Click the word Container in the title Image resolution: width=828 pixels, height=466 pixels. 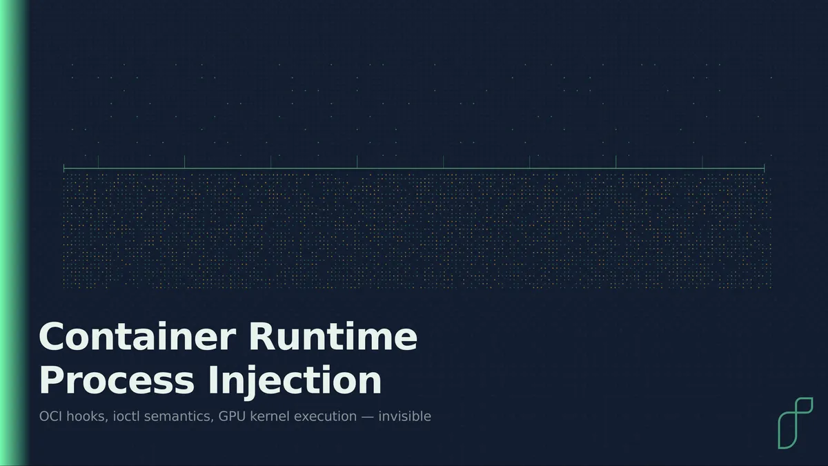pyautogui.click(x=137, y=336)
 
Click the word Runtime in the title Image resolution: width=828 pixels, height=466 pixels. pyautogui.click(x=333, y=336)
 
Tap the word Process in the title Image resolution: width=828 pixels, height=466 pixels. pyautogui.click(x=117, y=380)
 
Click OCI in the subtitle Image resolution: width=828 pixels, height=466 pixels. pyautogui.click(x=50, y=416)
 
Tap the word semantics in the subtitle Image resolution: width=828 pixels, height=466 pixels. pyautogui.click(x=179, y=417)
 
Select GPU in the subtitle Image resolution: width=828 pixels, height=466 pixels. pyautogui.click(x=232, y=416)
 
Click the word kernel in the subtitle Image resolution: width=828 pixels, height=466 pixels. pyautogui.click(x=270, y=416)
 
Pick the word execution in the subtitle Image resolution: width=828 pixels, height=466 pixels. pyautogui.click(x=325, y=416)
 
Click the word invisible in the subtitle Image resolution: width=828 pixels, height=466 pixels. pyautogui.click(x=405, y=416)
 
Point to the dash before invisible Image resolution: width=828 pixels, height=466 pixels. pyautogui.click(x=367, y=417)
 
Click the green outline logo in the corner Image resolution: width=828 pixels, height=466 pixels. pyautogui.click(x=795, y=423)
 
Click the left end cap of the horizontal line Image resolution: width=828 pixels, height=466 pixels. pyautogui.click(x=64, y=168)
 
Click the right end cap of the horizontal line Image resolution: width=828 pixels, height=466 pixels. pyautogui.click(x=764, y=168)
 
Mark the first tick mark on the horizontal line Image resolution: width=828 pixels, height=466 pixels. pyautogui.click(x=98, y=162)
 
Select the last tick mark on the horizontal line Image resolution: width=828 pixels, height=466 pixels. pyautogui.click(x=702, y=162)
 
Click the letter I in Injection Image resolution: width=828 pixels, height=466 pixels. pyautogui.click(x=212, y=380)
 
